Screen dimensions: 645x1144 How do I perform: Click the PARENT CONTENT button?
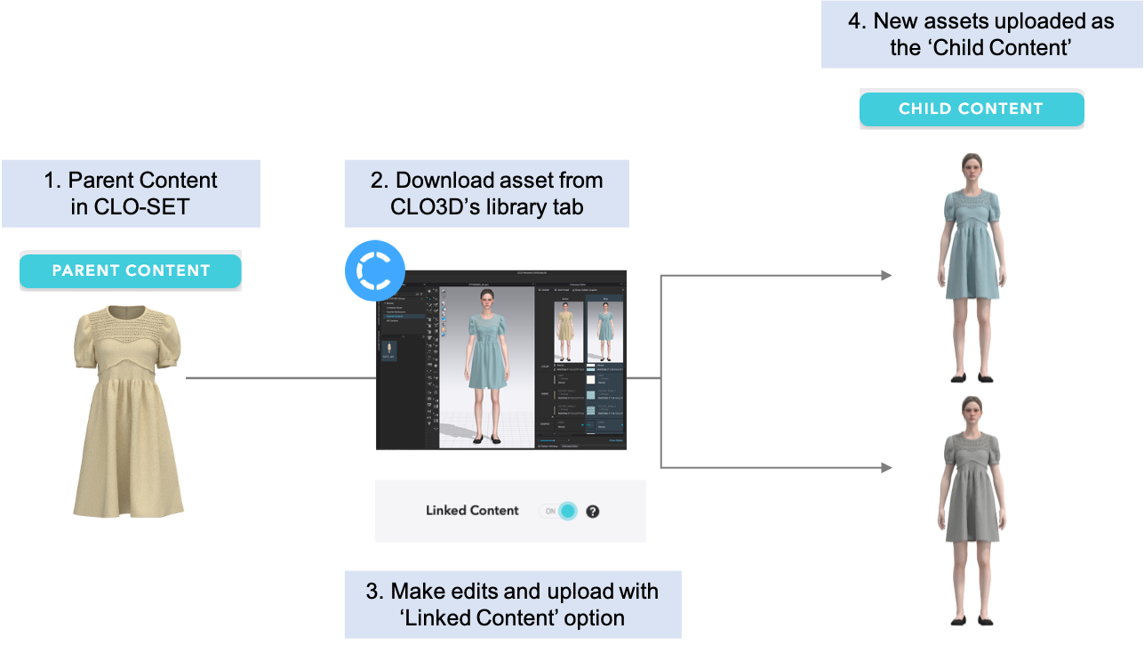pyautogui.click(x=131, y=271)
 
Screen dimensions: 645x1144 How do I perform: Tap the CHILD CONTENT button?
pyautogui.click(x=971, y=109)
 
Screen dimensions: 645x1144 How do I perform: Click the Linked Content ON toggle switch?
pyautogui.click(x=559, y=511)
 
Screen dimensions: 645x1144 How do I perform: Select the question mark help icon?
pyautogui.click(x=593, y=512)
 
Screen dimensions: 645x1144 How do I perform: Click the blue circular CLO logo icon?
pyautogui.click(x=374, y=268)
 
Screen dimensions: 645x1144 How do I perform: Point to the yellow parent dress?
pyautogui.click(x=129, y=409)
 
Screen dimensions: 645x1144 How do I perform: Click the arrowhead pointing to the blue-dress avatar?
pyautogui.click(x=886, y=276)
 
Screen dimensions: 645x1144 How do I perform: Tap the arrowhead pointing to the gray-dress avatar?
pyautogui.click(x=886, y=467)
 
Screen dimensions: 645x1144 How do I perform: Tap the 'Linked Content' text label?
pyautogui.click(x=472, y=511)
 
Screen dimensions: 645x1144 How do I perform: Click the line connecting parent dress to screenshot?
pyautogui.click(x=280, y=378)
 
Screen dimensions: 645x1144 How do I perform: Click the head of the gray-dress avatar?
pyautogui.click(x=970, y=412)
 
